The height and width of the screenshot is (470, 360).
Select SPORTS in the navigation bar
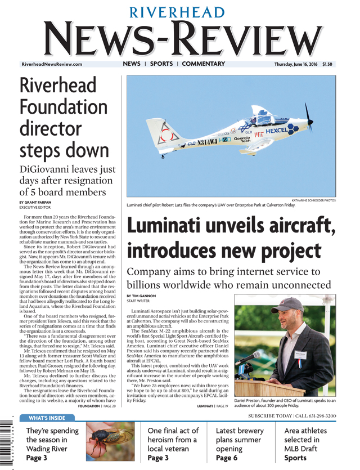coord(161,64)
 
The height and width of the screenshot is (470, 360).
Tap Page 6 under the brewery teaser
coord(229,458)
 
